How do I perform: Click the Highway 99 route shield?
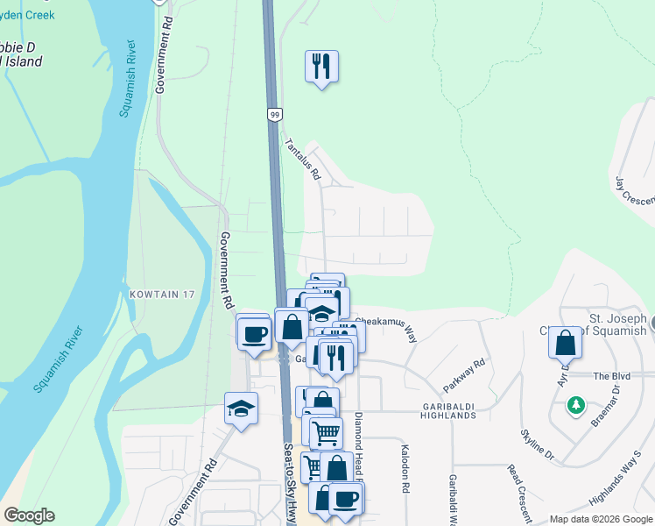coord(274,114)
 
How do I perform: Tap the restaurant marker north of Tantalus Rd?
coord(321,66)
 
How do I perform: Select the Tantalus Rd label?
coord(301,159)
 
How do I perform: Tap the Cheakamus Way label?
coord(386,328)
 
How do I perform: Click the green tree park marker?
coord(575,405)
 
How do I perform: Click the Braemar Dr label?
coord(605,405)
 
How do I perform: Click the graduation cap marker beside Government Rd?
coord(241,409)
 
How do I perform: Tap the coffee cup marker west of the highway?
coord(254,333)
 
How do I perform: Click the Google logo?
coord(29,515)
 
